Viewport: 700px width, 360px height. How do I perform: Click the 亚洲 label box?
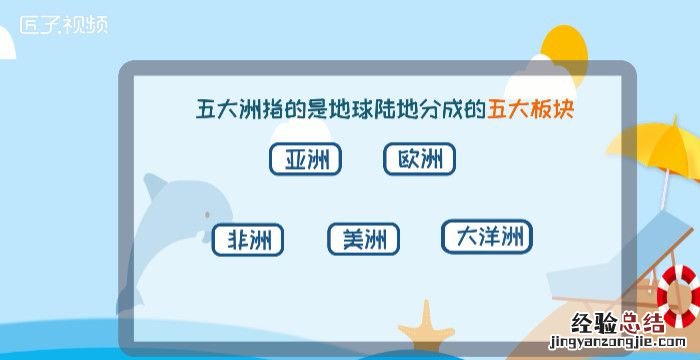(305, 159)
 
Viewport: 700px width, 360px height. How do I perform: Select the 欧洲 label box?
(419, 159)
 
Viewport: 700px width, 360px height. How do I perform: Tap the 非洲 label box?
(248, 240)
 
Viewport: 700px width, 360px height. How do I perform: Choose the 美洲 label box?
(363, 240)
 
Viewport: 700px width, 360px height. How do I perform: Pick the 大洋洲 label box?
(487, 237)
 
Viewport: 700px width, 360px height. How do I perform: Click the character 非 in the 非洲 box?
(237, 240)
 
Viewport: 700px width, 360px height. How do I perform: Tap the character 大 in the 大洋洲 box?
(466, 237)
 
